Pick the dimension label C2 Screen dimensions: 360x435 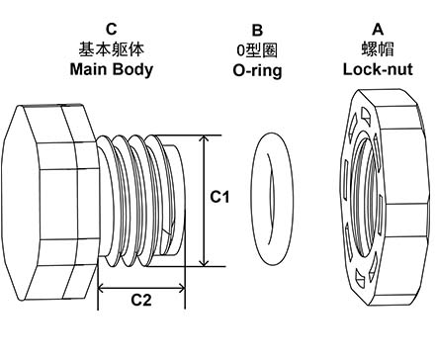[142, 301]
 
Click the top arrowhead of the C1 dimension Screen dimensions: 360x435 [204, 138]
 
